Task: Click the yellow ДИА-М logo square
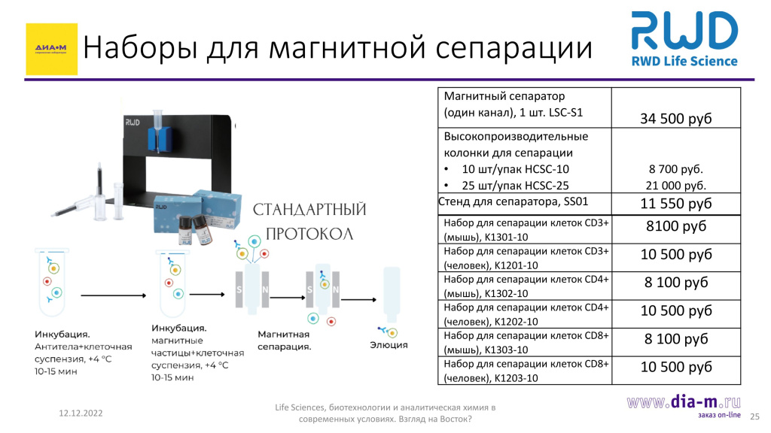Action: pos(52,49)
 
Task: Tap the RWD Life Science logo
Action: pos(684,39)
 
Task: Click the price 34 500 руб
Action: pos(675,118)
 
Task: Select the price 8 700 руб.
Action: pos(675,169)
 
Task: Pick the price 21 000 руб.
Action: pos(675,186)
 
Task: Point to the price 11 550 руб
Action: pos(675,203)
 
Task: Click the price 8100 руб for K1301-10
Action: pos(676,226)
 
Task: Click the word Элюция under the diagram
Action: pos(389,345)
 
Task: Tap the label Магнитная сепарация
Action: pos(284,341)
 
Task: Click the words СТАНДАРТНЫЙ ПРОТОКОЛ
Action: pos(309,222)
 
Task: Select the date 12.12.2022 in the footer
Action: pos(81,413)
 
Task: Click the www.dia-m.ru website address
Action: pos(684,402)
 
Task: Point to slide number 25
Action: pos(754,416)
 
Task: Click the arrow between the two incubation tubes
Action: pos(114,295)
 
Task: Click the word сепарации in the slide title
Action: pos(513,48)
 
